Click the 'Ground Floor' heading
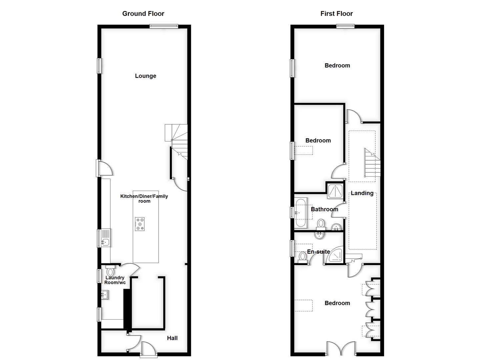point(143,14)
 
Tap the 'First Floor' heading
point(336,14)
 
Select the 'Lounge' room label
point(145,76)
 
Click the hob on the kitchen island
point(140,224)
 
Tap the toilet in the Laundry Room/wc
point(110,271)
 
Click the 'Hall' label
point(172,338)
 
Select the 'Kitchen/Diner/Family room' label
point(144,199)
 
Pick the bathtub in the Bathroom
point(301,213)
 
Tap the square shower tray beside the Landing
point(335,191)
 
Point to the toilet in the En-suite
point(303,257)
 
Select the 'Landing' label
point(362,193)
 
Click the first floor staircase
point(372,163)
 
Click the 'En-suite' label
point(318,252)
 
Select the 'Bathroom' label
point(324,209)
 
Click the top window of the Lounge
point(164,27)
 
